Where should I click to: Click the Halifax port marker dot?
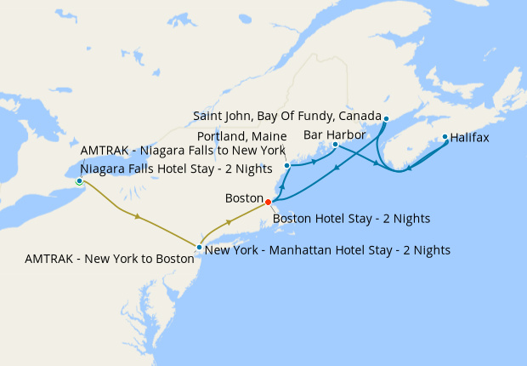(445, 136)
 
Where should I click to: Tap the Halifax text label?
(469, 137)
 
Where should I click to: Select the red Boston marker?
(268, 202)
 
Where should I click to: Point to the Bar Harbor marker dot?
(336, 145)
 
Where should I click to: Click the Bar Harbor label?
(334, 134)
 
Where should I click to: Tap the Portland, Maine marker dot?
(287, 165)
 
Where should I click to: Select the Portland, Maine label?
(241, 135)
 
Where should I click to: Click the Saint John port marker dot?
(386, 118)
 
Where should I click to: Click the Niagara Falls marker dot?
(79, 181)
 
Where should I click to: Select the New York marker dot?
(199, 248)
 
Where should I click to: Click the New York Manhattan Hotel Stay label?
(327, 250)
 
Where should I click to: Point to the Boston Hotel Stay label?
(351, 219)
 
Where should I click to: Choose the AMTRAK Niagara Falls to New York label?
(183, 151)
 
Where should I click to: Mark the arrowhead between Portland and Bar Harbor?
(314, 162)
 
